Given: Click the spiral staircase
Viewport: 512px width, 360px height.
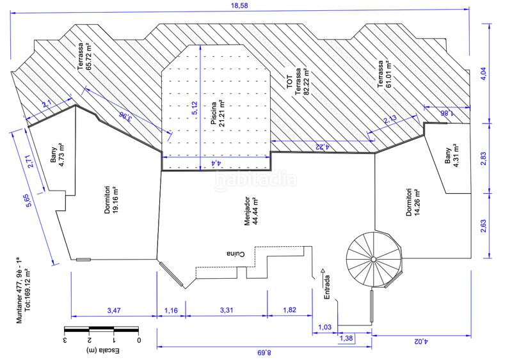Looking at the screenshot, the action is pos(374,260).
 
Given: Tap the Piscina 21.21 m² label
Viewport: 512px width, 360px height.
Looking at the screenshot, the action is pos(218,113).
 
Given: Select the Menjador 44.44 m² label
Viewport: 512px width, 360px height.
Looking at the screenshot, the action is pos(252,211).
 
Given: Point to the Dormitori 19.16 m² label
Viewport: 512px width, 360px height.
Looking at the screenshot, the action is pos(111,200).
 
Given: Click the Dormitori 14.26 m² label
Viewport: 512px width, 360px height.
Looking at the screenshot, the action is pos(413,202).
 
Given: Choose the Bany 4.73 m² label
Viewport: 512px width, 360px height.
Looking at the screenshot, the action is pos(57,155).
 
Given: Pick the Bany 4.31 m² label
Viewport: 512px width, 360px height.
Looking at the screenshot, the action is pos(452,155).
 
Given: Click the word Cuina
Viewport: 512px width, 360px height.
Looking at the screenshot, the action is pos(236,254).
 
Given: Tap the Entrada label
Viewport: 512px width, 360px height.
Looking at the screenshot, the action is pos(327,287).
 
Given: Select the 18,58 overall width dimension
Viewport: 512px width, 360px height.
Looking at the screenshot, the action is pos(239,5).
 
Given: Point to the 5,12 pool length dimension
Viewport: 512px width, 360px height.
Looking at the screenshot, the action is pos(195,108).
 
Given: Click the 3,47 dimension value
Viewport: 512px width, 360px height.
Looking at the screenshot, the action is pos(114,310).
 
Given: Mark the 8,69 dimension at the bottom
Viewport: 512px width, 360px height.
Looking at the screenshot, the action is pos(264,353).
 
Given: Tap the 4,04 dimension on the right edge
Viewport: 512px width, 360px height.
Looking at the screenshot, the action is pos(484,74).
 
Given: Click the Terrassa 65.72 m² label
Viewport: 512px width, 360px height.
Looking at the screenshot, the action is pos(84,56).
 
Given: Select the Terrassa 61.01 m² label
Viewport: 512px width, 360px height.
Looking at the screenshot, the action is pos(384,74).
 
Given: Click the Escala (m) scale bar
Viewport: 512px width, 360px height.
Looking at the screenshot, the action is pos(102,329).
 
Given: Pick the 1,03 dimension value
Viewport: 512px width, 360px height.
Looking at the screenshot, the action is pos(324,327).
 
